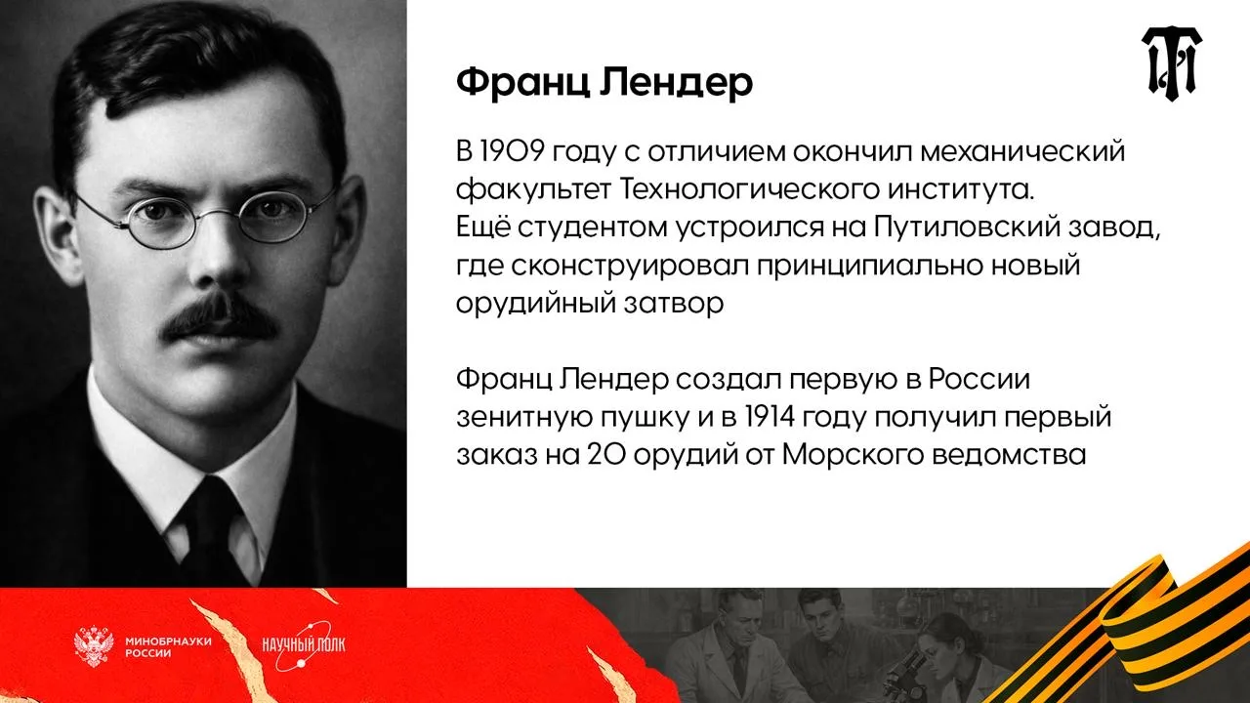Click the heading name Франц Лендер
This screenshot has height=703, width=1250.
(604, 83)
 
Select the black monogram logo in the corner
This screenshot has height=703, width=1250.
(1171, 63)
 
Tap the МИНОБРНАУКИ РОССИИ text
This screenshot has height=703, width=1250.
(168, 646)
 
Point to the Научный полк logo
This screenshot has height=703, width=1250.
(304, 646)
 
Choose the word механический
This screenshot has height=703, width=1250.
(1022, 151)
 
